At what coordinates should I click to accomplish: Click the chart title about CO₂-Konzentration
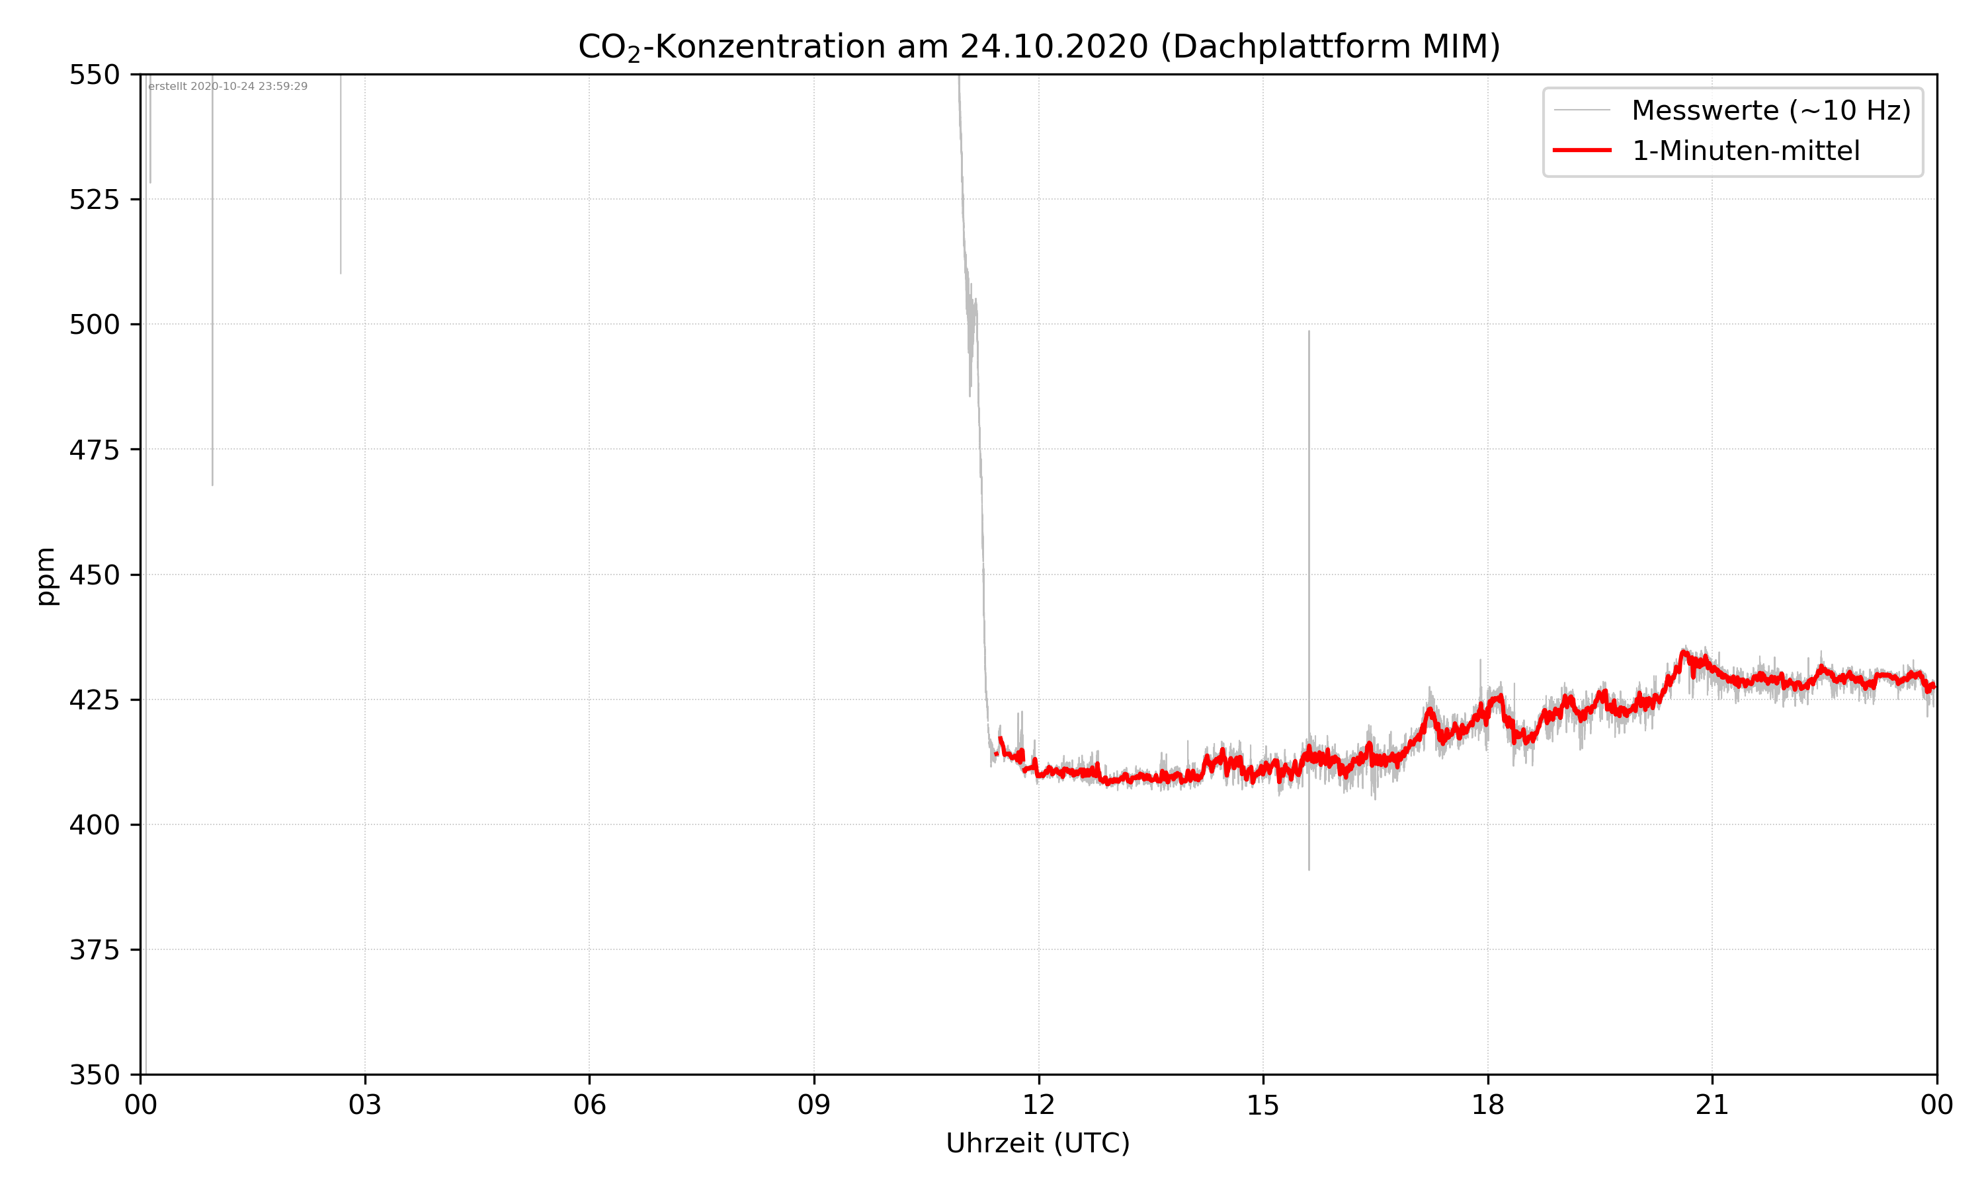pyautogui.click(x=1038, y=46)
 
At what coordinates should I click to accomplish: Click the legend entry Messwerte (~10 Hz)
pyautogui.click(x=1770, y=110)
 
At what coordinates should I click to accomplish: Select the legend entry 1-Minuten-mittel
pyautogui.click(x=1745, y=151)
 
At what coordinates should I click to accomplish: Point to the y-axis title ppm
pyautogui.click(x=46, y=576)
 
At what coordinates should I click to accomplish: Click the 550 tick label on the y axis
pyautogui.click(x=94, y=75)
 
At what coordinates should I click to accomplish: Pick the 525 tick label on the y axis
pyautogui.click(x=94, y=200)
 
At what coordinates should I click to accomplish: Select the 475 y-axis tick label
pyautogui.click(x=94, y=450)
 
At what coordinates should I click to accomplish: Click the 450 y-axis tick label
pyautogui.click(x=94, y=575)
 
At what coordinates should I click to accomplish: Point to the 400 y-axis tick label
pyautogui.click(x=94, y=825)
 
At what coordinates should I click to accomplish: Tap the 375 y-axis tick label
pyautogui.click(x=94, y=950)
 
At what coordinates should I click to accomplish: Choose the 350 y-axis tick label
pyautogui.click(x=94, y=1076)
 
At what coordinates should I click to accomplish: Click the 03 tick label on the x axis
pyautogui.click(x=365, y=1105)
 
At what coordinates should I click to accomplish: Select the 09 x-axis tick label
pyautogui.click(x=814, y=1105)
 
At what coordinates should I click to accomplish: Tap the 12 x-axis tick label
pyautogui.click(x=1038, y=1105)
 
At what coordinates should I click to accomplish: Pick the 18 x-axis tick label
pyautogui.click(x=1487, y=1105)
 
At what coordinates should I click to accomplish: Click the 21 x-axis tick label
pyautogui.click(x=1712, y=1105)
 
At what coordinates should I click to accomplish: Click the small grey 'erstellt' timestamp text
pyautogui.click(x=227, y=87)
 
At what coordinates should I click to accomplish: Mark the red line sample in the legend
pyautogui.click(x=1581, y=150)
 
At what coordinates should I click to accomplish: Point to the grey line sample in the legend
pyautogui.click(x=1581, y=110)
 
